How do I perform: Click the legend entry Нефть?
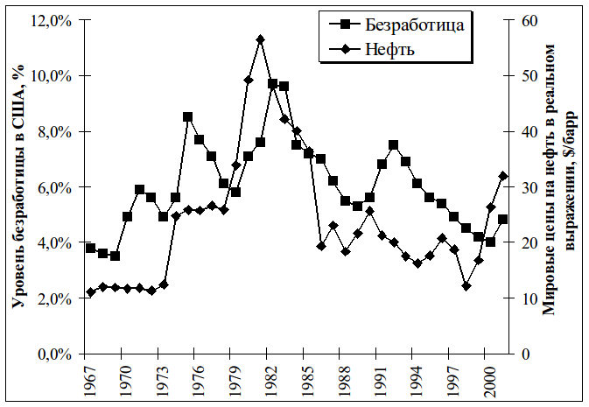tap(394, 49)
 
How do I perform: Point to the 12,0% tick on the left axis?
tap(51, 19)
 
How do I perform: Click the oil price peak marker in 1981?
tap(261, 39)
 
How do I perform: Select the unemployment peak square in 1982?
tap(273, 84)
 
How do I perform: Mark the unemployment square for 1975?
tap(188, 116)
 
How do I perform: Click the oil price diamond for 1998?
tap(466, 286)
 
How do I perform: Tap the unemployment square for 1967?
tap(91, 248)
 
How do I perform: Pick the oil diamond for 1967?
tap(91, 292)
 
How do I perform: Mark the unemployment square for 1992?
tap(394, 144)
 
